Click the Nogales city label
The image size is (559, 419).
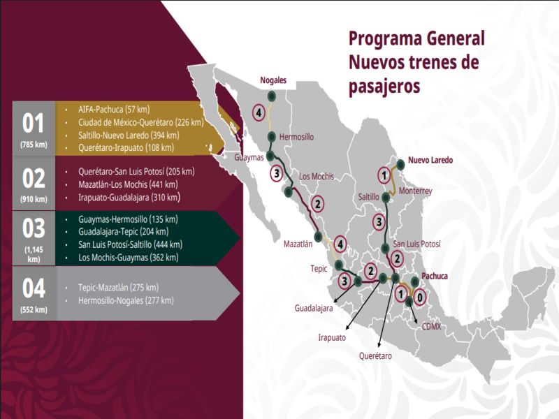point(273,80)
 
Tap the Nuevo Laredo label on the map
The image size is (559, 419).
point(430,160)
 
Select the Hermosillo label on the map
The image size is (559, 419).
point(297,137)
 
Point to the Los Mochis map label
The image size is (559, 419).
point(317,176)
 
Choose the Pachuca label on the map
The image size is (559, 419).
point(435,276)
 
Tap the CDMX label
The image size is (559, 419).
point(430,326)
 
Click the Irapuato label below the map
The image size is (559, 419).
point(332,337)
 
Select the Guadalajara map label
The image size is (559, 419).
point(314,307)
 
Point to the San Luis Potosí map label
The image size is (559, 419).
point(417,244)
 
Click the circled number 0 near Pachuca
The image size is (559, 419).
point(419,297)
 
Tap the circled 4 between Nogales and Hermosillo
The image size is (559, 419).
point(259,112)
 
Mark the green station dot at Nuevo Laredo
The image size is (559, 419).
point(400,165)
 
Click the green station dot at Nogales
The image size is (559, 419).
point(272,96)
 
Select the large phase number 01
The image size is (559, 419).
point(34,124)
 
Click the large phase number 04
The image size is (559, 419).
point(34,288)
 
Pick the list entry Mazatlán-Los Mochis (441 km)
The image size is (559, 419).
point(128,184)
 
